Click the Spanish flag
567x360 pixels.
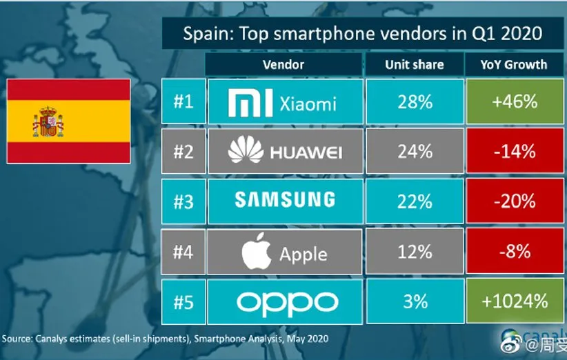pyautogui.click(x=68, y=121)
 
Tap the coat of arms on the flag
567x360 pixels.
pyautogui.click(x=47, y=121)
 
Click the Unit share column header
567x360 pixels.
pyautogui.click(x=414, y=65)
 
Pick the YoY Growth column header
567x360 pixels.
pyautogui.click(x=514, y=65)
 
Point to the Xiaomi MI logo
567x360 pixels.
pyautogui.click(x=251, y=102)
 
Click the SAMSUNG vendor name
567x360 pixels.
pyautogui.click(x=284, y=200)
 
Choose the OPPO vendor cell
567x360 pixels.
pyautogui.click(x=284, y=301)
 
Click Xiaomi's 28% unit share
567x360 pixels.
pyautogui.click(x=415, y=101)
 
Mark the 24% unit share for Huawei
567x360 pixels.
pyautogui.click(x=415, y=150)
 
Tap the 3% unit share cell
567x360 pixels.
pyautogui.click(x=415, y=301)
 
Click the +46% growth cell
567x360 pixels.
pyautogui.click(x=515, y=101)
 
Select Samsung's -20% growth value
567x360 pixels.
pyautogui.click(x=515, y=200)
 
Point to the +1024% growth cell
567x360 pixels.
pyautogui.click(x=515, y=301)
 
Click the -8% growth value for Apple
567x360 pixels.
pyautogui.click(x=515, y=252)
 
